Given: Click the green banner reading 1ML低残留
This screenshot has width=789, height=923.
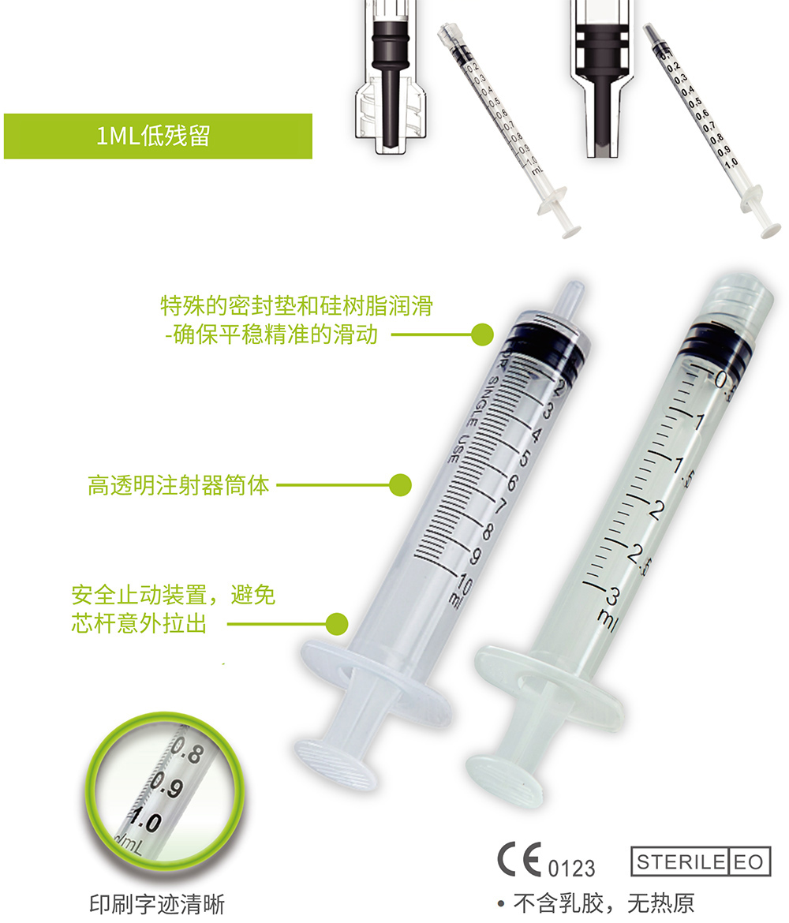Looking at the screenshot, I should click(158, 136).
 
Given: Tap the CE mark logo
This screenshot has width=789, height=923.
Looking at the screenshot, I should click(520, 858).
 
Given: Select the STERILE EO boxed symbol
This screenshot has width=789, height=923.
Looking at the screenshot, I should click(700, 861).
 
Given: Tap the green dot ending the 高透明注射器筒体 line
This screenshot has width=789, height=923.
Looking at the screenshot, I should click(401, 484).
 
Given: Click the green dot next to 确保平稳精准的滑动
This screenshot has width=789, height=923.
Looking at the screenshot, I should click(482, 334).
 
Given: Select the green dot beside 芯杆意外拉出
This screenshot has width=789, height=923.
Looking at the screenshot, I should click(337, 624).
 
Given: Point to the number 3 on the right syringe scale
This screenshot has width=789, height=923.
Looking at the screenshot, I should click(610, 593).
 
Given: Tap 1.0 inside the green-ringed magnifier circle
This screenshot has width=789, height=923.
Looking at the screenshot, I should click(145, 822).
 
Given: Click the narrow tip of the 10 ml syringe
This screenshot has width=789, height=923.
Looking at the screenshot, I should click(570, 298).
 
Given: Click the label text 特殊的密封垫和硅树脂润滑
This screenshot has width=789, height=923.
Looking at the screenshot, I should click(297, 305).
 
